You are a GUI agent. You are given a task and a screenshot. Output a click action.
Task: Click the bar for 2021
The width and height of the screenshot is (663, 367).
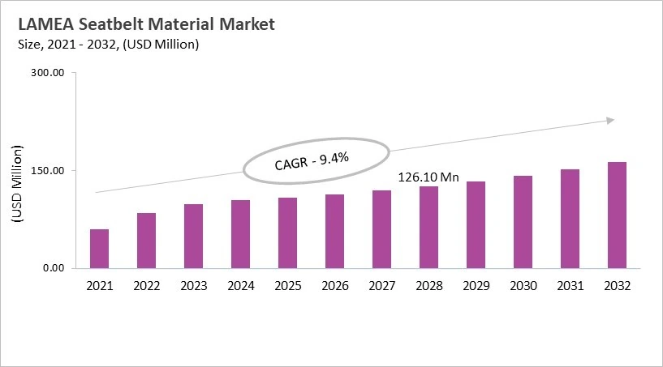99,249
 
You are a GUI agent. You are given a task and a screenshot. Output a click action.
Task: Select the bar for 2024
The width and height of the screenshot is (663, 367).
240,234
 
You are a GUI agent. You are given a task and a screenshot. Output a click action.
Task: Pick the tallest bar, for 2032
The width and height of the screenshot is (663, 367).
617,216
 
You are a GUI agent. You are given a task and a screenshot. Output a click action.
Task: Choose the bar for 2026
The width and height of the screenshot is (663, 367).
334,232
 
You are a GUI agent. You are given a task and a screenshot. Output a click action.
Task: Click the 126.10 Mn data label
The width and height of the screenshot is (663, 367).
428,176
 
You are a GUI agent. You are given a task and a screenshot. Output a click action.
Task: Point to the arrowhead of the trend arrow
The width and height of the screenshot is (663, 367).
609,121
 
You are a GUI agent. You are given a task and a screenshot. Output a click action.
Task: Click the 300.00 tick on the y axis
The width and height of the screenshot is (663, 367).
48,73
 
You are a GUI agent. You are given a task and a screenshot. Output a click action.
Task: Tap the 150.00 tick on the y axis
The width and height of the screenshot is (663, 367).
48,171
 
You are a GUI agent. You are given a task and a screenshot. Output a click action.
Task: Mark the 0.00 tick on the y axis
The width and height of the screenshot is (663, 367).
53,268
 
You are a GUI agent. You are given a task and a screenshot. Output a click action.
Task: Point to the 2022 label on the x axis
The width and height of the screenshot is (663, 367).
146,286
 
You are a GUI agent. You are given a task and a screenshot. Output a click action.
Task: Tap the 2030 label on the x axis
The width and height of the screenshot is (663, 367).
523,286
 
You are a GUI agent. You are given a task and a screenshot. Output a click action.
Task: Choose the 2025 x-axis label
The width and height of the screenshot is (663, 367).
287,286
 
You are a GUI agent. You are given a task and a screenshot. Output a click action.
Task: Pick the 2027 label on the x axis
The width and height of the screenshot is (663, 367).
381,286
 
